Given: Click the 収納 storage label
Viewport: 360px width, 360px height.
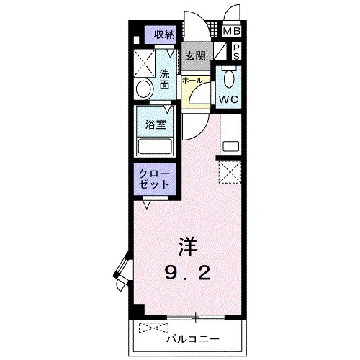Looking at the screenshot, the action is click(164, 35).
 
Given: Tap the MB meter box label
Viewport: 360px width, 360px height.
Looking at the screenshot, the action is click(232, 31).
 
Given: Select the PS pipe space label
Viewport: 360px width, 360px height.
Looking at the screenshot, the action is click(236, 52).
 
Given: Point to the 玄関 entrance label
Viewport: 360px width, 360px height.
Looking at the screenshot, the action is click(195, 56).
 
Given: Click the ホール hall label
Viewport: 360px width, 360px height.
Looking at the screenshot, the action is click(192, 81).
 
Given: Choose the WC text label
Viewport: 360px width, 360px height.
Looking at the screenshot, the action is click(228, 99).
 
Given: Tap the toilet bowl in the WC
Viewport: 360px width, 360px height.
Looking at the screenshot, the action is click(229, 78).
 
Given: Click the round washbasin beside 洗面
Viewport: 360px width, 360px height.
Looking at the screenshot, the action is click(145, 89).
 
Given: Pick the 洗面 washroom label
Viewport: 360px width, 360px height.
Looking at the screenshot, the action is click(165, 79).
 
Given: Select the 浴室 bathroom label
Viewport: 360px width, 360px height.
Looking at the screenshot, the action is click(156, 125).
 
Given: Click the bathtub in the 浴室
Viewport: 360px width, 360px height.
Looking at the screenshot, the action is click(155, 146).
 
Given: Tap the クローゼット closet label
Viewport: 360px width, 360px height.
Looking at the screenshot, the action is click(154, 179).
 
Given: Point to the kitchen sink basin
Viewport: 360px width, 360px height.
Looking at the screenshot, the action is click(230, 146).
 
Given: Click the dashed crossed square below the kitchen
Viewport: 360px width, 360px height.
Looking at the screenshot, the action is click(230, 172).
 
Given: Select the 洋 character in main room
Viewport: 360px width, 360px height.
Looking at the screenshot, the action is click(188, 246).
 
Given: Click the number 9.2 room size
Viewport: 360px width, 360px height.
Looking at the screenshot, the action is click(188, 272).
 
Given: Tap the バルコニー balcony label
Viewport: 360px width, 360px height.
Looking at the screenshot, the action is click(193, 339).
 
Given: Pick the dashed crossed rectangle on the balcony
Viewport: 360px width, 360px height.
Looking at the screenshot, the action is click(153, 328).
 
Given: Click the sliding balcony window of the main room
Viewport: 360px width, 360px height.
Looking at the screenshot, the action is click(196, 318).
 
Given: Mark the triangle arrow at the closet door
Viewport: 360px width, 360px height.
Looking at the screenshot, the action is click(147, 204).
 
